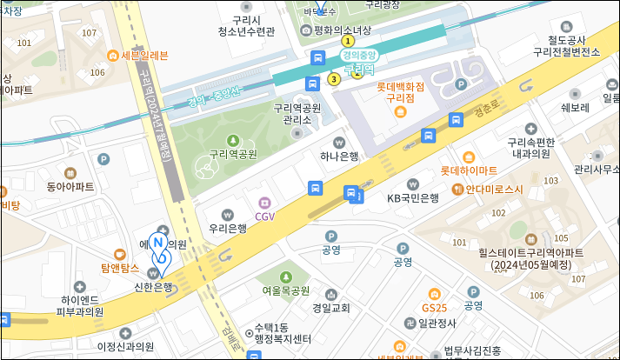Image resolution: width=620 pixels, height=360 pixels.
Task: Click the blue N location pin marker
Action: (x=159, y=246)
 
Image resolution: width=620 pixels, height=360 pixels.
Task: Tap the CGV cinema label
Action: (x=264, y=216)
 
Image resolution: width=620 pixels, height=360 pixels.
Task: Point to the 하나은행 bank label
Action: (x=339, y=156)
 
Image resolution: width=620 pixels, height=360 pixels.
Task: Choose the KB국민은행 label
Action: (x=412, y=198)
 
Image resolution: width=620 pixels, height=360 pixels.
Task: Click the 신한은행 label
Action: (x=154, y=285)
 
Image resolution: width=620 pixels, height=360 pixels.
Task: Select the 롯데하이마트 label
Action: (x=469, y=170)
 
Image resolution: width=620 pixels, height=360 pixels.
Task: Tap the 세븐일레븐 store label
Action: (x=144, y=56)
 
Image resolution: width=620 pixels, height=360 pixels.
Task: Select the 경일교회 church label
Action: (x=330, y=308)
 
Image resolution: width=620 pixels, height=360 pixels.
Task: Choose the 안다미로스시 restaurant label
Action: (x=494, y=189)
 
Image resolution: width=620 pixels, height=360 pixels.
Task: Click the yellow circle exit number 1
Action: (x=349, y=41)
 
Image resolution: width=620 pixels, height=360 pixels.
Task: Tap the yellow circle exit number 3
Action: (x=334, y=80)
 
